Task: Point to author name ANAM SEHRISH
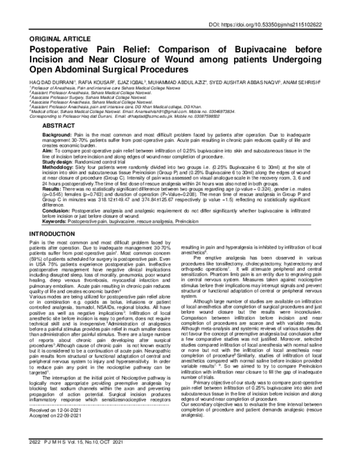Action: click(320, 76)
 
